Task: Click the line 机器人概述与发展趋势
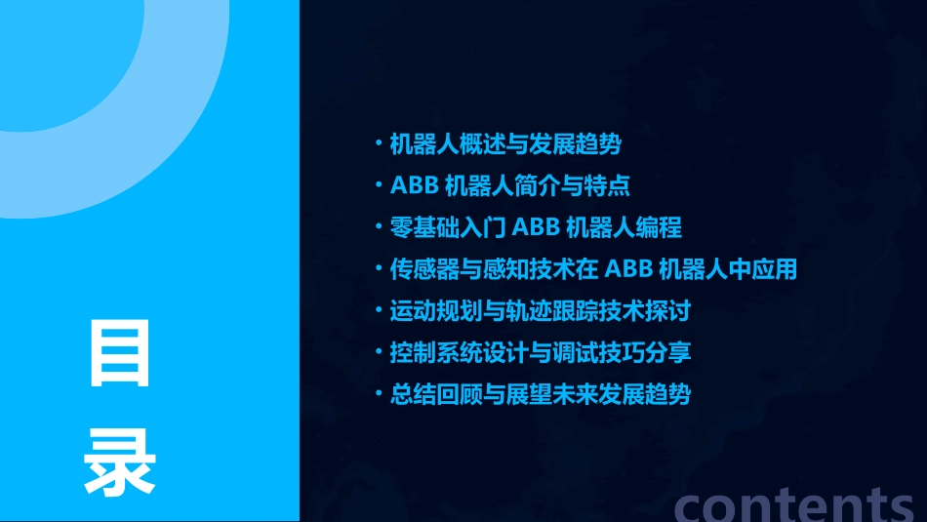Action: point(504,144)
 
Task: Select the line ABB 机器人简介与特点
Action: point(509,186)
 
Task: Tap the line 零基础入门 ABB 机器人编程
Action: point(535,228)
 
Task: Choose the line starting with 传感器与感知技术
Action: point(592,269)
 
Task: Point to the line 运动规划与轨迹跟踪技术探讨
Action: point(540,311)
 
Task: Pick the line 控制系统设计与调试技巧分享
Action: point(540,353)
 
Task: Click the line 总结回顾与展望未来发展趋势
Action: point(540,395)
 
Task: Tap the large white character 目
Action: point(120,351)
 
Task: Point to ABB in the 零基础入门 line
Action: point(536,228)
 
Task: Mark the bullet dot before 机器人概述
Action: point(379,144)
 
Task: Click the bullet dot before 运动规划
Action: point(379,311)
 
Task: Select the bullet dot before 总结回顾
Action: point(379,395)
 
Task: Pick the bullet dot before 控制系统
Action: point(379,353)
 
